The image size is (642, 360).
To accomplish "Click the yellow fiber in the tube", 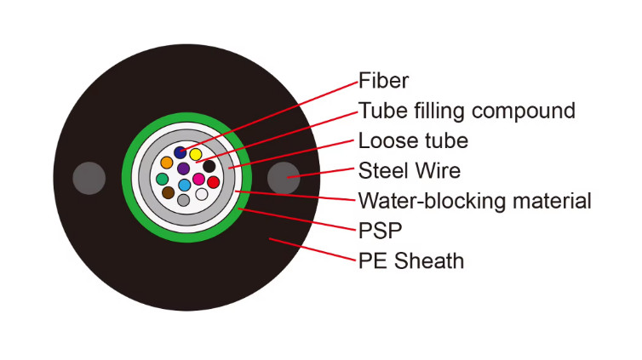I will pyautogui.click(x=195, y=155).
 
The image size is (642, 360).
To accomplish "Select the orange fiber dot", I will pyautogui.click(x=167, y=163).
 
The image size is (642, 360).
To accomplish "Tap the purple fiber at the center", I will pyautogui.click(x=183, y=169).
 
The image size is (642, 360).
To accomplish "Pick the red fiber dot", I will pyautogui.click(x=213, y=181).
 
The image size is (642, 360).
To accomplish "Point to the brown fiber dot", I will pyautogui.click(x=168, y=193).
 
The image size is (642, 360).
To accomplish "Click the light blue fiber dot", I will pyautogui.click(x=184, y=185).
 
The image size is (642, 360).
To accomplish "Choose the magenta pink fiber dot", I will pyautogui.click(x=198, y=180).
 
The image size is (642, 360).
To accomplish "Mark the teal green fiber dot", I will pyautogui.click(x=161, y=179).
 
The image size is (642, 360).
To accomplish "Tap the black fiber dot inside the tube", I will pyautogui.click(x=209, y=166).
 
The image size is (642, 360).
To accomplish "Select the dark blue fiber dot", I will pyautogui.click(x=180, y=152).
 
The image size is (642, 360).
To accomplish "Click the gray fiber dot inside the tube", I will pyautogui.click(x=183, y=200).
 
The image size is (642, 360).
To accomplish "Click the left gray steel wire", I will pyautogui.click(x=89, y=178).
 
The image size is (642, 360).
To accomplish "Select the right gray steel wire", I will pyautogui.click(x=284, y=178).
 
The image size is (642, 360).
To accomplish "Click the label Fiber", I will pyautogui.click(x=383, y=81).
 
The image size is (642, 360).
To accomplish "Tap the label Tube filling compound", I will pyautogui.click(x=467, y=111).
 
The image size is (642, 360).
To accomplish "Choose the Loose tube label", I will pyautogui.click(x=413, y=140).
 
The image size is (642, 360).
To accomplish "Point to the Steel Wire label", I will pyautogui.click(x=410, y=170).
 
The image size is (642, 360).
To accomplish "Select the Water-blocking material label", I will pyautogui.click(x=474, y=201).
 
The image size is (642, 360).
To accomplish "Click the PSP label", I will pyautogui.click(x=380, y=230).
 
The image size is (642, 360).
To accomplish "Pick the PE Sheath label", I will pyautogui.click(x=411, y=260).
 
